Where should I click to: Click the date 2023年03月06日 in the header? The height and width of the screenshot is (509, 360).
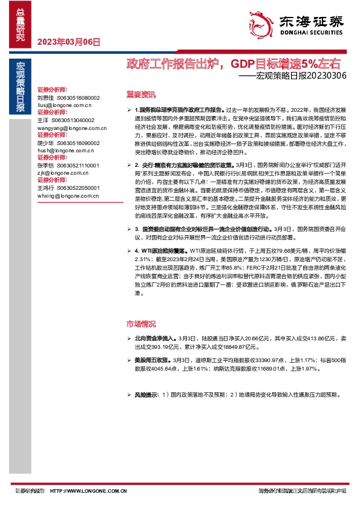[x=68, y=42]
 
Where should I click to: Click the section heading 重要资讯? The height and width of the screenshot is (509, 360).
[x=140, y=94]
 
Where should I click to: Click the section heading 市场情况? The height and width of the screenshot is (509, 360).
[x=140, y=324]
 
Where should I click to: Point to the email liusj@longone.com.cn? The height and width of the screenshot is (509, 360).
[x=64, y=104]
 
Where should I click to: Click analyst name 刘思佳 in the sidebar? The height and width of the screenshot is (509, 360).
[x=46, y=97]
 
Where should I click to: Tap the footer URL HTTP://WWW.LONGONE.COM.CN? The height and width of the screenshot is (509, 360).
[x=88, y=491]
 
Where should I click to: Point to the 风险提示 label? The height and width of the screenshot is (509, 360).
[x=146, y=395]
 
